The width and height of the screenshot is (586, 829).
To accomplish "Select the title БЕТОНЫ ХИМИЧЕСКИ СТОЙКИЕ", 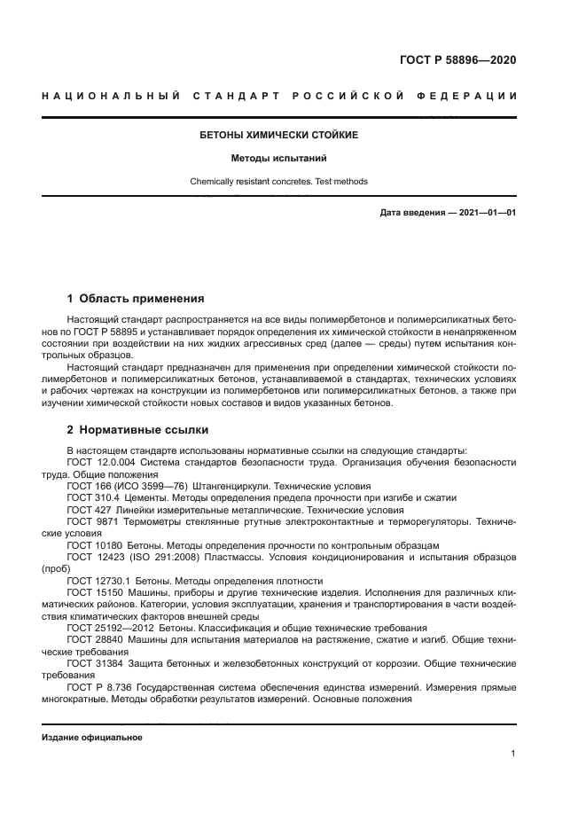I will click(x=279, y=136).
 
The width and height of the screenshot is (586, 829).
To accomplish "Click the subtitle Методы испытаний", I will click(x=279, y=159).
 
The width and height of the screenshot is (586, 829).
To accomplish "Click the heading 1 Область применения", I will click(x=136, y=298).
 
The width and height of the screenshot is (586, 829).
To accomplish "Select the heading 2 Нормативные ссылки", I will click(x=138, y=430).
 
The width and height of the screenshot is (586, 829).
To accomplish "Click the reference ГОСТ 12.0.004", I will click(x=100, y=463).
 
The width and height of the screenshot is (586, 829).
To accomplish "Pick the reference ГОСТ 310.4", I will click(x=91, y=498).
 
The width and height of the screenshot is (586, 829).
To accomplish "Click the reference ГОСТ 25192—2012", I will click(x=108, y=626).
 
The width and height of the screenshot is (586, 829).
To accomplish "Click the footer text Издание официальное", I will click(x=91, y=737).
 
